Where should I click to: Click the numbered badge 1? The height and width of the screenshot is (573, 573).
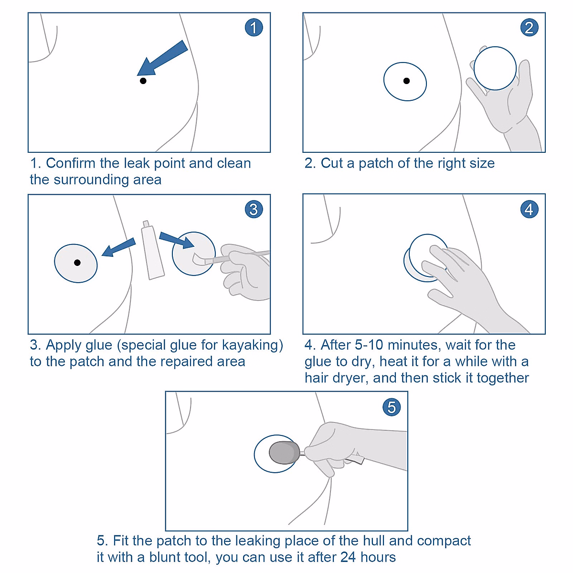pos(254,27)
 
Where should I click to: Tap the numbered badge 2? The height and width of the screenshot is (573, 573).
pos(529,27)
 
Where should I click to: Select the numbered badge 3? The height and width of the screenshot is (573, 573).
pos(254,209)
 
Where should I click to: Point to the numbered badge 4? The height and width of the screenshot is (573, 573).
pos(529,209)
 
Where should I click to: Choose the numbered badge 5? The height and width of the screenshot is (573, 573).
pos(392,407)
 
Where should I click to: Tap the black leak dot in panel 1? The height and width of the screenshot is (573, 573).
pos(143,81)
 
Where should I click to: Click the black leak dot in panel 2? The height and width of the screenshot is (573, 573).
pos(406,81)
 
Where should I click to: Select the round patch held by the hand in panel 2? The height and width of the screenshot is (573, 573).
pos(495,68)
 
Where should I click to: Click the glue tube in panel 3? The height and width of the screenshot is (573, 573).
pos(152,250)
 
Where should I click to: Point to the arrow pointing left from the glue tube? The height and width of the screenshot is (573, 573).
pos(118,247)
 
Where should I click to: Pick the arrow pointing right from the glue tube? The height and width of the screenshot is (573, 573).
pos(177,240)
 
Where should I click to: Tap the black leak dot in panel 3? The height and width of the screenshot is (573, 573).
pos(77,263)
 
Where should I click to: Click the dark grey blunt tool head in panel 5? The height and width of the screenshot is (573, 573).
pos(284,452)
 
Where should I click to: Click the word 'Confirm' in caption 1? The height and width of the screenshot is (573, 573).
pos(71,163)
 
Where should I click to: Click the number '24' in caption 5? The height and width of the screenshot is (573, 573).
pos(348,557)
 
